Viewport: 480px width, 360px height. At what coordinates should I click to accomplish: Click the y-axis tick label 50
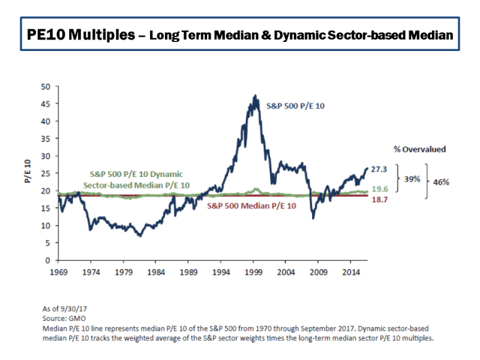click(45, 86)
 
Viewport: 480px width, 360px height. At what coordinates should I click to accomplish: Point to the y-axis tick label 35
click(45, 139)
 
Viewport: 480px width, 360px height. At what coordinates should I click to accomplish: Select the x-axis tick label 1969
click(58, 271)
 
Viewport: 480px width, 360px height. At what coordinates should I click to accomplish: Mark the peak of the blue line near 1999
click(255, 95)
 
